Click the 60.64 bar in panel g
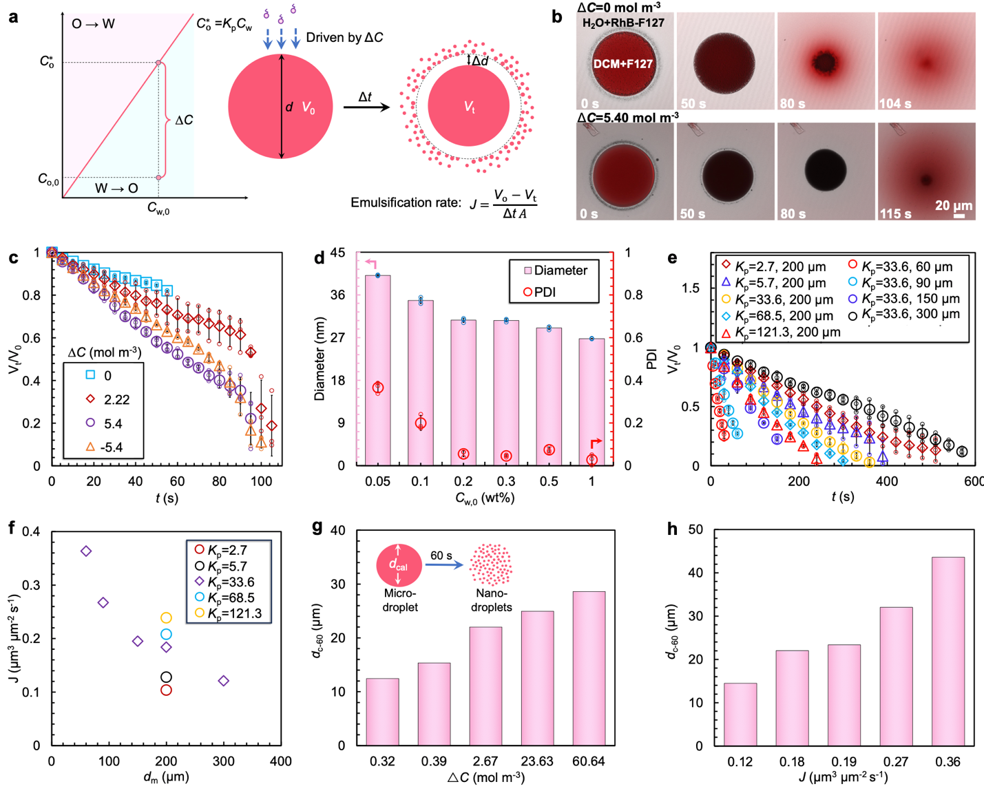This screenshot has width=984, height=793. tap(589, 668)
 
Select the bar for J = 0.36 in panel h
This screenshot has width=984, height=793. tap(948, 651)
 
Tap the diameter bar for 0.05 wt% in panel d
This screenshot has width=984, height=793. tap(377, 370)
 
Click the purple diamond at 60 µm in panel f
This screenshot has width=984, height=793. tap(86, 551)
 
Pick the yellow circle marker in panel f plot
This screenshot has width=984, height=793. tap(166, 618)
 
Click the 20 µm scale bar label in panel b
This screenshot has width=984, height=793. tap(954, 205)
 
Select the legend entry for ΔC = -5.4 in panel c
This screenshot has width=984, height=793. tap(103, 447)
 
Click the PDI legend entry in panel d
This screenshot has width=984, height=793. tap(541, 293)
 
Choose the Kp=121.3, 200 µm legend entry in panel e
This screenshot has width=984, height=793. tap(780, 332)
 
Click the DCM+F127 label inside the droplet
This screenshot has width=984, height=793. tap(623, 64)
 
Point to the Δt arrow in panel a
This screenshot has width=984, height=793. tap(367, 107)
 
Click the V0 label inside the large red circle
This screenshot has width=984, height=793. tap(308, 108)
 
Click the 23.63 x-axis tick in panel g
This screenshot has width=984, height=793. tap(536, 762)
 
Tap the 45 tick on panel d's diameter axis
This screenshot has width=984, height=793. tap(337, 253)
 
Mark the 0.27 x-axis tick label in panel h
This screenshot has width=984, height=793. tap(896, 762)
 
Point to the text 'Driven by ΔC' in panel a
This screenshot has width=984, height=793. tap(344, 37)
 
